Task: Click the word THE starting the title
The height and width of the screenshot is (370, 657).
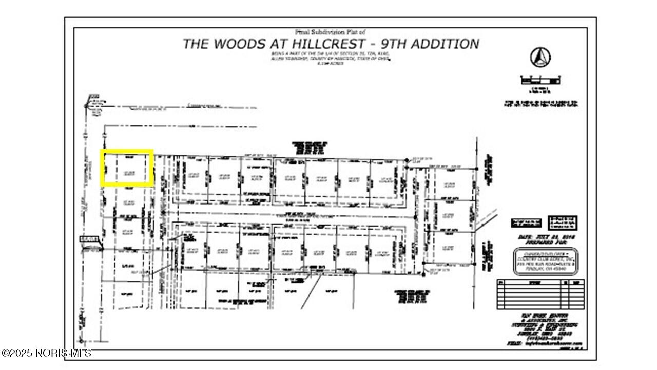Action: (x=195, y=44)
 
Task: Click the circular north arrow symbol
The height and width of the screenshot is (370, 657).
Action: (x=540, y=57)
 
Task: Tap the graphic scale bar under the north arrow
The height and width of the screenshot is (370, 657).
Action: (x=540, y=80)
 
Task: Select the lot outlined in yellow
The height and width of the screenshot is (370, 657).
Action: (x=127, y=168)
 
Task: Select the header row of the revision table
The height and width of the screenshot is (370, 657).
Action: (x=540, y=282)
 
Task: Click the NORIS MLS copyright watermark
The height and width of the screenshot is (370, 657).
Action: (x=46, y=353)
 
